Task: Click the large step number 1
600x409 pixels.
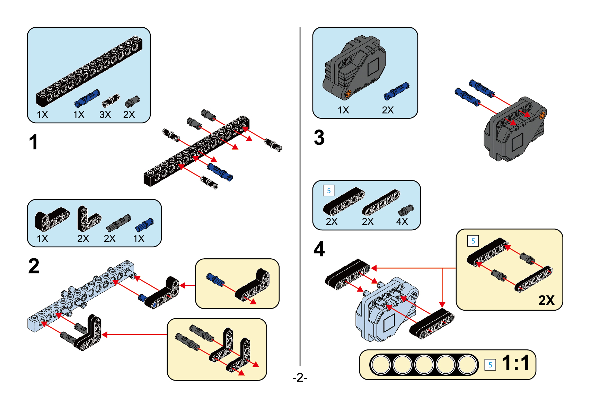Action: coord(33,142)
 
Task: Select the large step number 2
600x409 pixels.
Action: coord(34,266)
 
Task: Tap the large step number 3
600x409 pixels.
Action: coord(319,137)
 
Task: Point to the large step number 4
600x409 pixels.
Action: coord(319,249)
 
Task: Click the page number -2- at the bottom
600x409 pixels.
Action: coord(300,377)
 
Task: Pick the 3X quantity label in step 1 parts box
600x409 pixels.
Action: coord(105,115)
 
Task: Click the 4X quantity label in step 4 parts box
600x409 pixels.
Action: coord(402,222)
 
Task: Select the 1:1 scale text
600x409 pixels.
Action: coord(515,363)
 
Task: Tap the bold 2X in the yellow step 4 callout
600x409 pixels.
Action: coord(546,300)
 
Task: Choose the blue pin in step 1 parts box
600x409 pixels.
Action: coord(87,98)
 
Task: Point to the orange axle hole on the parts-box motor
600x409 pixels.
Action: coord(349,93)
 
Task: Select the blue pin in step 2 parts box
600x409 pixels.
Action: coord(144,225)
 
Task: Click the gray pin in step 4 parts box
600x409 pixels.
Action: coord(406,210)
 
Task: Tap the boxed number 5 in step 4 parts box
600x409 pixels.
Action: coord(328,190)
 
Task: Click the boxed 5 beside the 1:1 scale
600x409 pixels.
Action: coord(490,365)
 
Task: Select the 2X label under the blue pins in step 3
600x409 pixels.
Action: coord(388,110)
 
